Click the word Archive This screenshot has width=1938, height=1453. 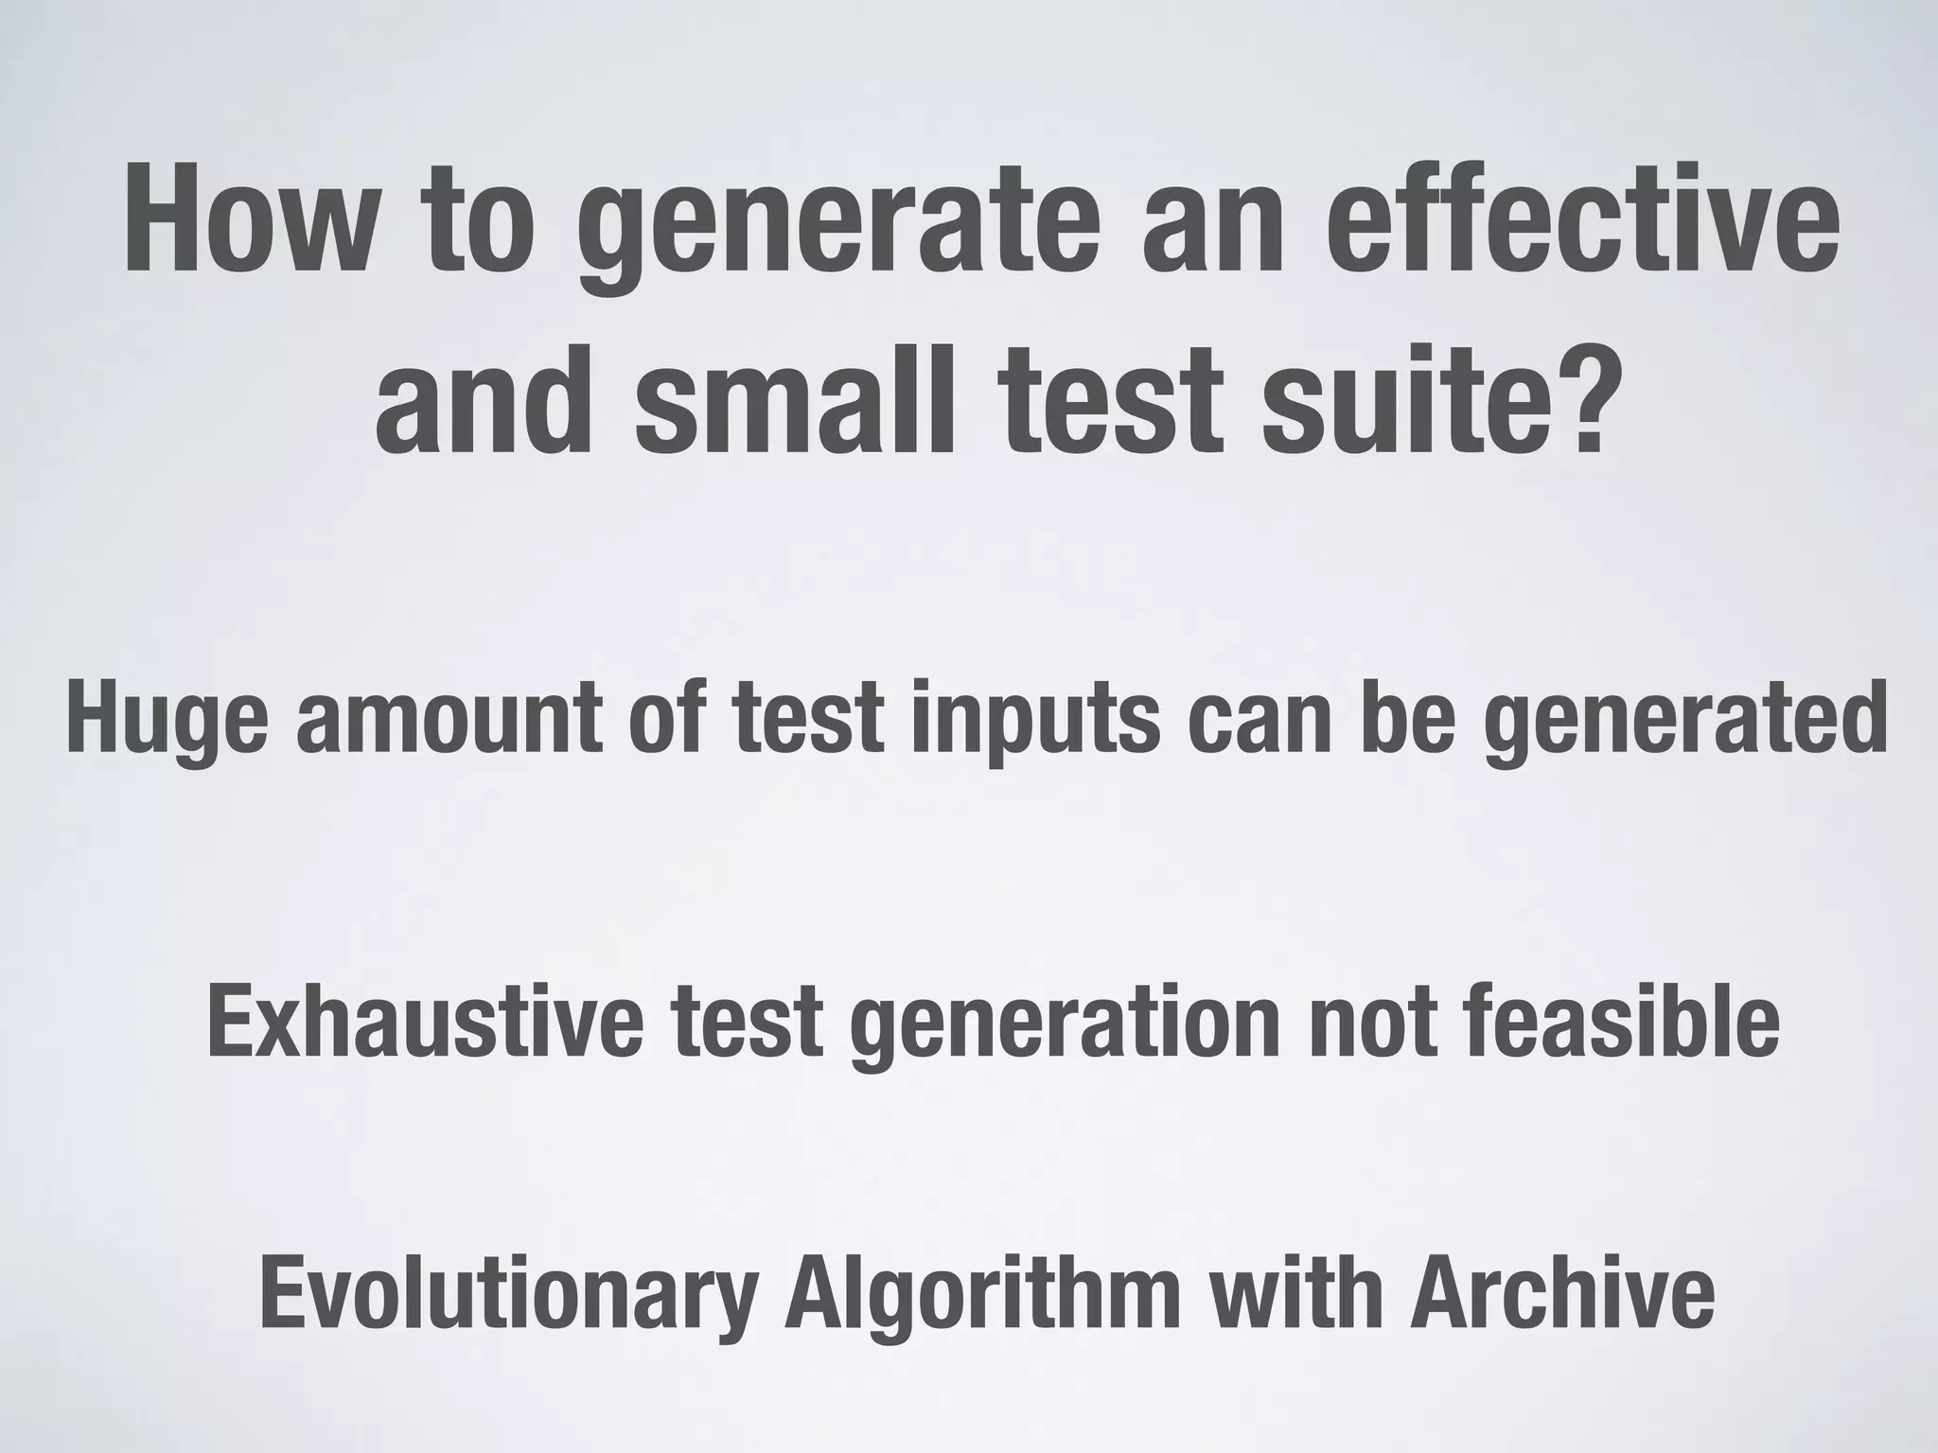[1561, 1296]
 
